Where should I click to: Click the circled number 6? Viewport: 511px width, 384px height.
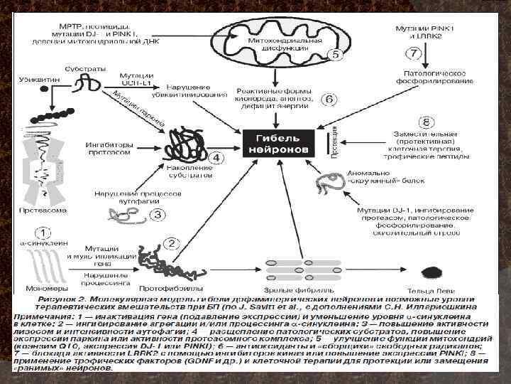(329, 100)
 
